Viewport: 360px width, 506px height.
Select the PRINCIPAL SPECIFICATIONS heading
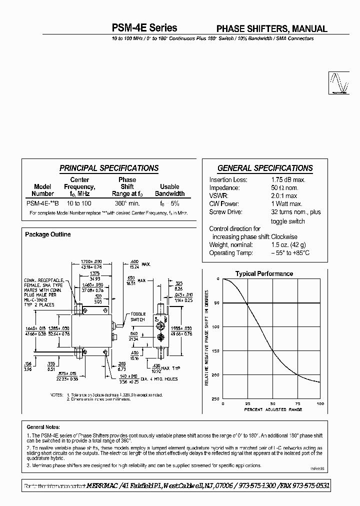click(109, 168)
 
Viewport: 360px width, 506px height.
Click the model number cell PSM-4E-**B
click(42, 203)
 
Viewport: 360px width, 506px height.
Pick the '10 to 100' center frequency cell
click(79, 203)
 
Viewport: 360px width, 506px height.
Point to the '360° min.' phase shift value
click(127, 203)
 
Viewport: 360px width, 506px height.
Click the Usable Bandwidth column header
click(169, 190)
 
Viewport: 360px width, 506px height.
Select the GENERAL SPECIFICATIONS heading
click(265, 168)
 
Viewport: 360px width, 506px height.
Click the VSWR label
click(218, 196)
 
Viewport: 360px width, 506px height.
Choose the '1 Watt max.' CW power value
click(286, 204)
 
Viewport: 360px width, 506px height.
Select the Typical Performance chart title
click(264, 274)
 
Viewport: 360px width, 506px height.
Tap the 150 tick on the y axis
click(215, 351)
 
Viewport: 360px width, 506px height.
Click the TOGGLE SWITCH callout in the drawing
click(137, 315)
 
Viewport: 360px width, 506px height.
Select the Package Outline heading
click(48, 234)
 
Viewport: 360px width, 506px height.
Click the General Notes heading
click(43, 427)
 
